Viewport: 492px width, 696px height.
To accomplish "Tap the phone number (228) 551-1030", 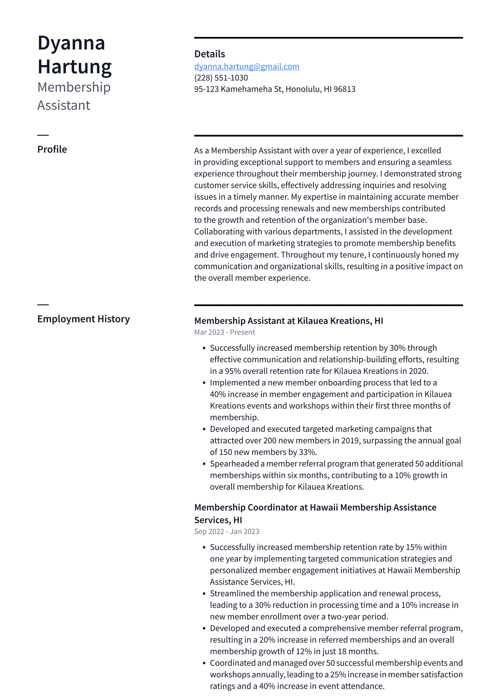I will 221,78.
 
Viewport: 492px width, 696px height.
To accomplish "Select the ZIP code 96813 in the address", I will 344,89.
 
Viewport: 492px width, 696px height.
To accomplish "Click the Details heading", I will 210,54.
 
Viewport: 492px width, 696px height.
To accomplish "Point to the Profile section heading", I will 52,150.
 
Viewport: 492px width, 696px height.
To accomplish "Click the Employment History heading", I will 83,319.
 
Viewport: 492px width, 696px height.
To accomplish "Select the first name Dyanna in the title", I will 71,43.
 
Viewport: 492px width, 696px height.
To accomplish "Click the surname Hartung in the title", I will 75,67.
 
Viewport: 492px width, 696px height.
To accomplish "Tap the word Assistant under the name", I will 64,105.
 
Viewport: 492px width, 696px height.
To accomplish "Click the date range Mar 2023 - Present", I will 224,332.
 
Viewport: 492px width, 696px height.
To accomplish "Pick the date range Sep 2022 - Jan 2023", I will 227,531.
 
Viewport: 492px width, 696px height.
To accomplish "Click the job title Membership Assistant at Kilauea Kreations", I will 289,321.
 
